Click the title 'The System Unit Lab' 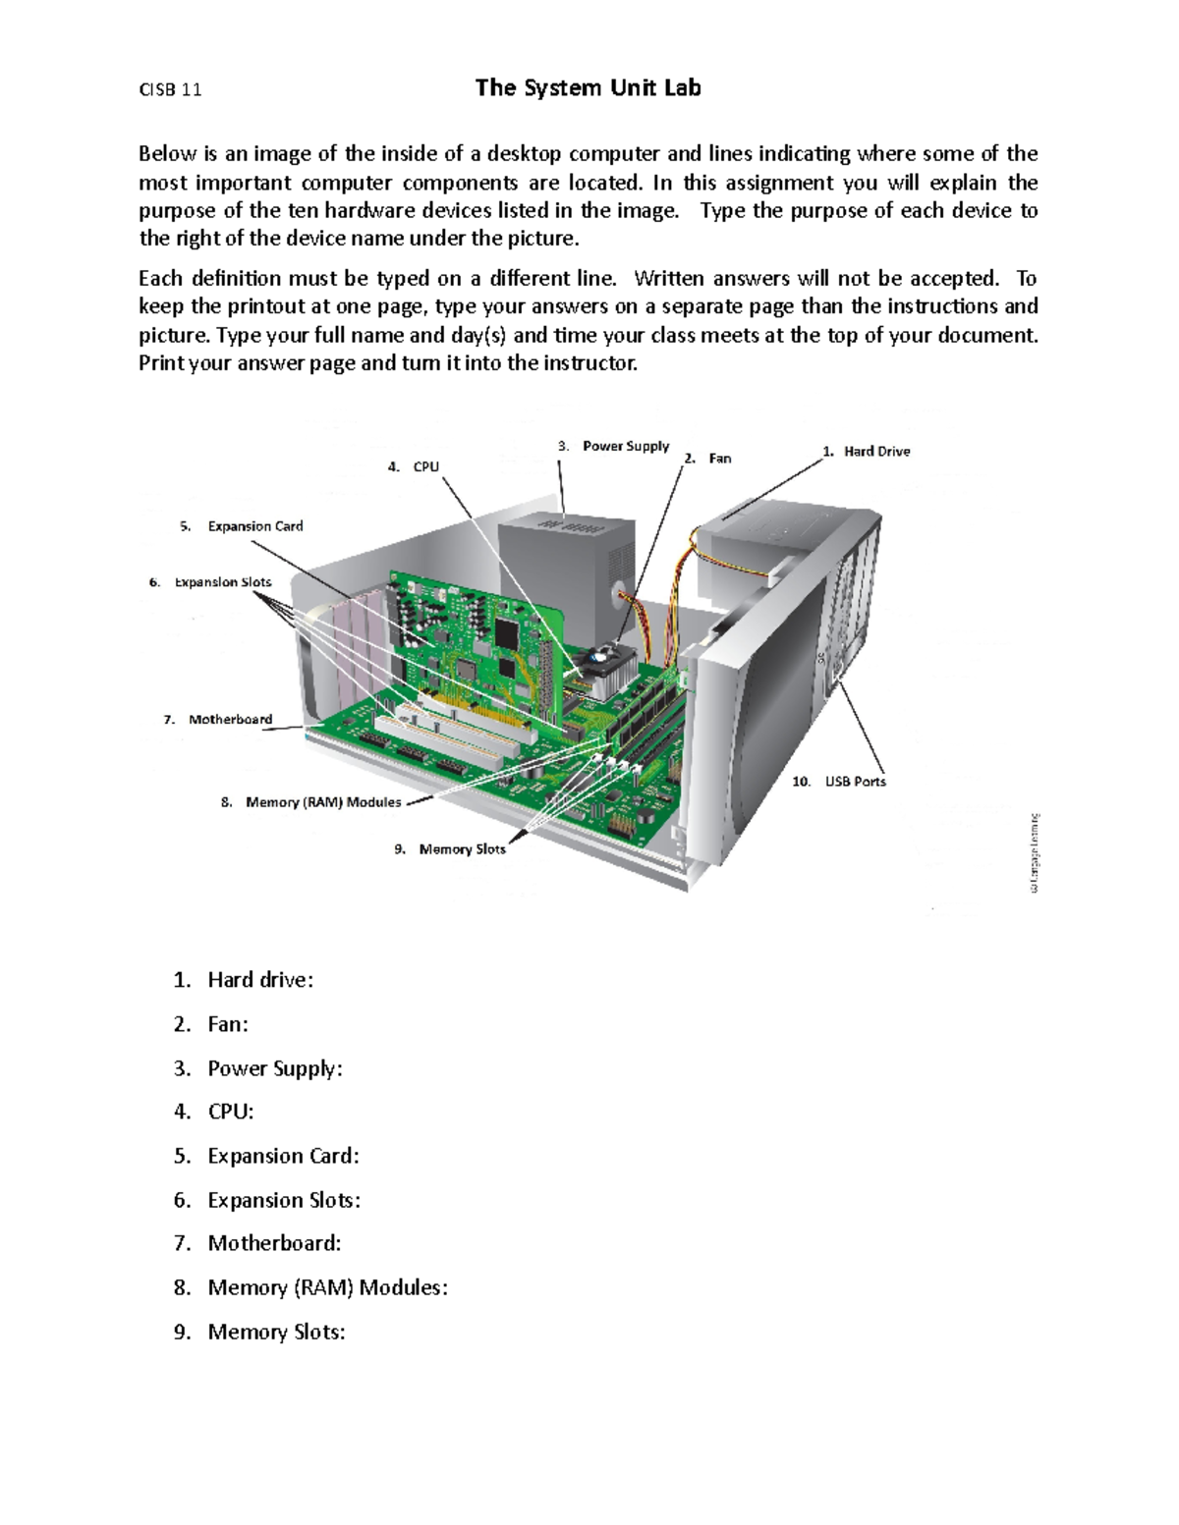588,88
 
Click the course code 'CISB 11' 170,90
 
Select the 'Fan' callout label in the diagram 719,459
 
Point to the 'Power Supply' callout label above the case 625,447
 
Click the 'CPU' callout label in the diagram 425,467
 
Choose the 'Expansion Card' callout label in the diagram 254,526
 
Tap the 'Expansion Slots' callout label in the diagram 222,582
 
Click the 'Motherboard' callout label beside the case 230,720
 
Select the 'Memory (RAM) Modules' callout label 322,802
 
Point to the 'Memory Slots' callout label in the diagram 462,849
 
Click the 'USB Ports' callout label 855,782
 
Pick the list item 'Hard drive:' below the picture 259,980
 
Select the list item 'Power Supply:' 274,1068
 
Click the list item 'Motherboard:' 274,1244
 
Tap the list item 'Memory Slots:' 276,1333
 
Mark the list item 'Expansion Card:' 283,1157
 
